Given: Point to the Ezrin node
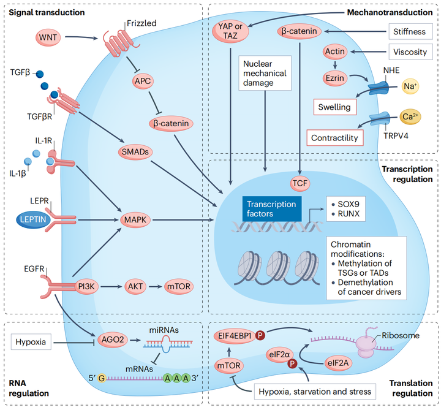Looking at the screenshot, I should point(335,78).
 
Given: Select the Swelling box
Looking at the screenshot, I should point(334,107).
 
